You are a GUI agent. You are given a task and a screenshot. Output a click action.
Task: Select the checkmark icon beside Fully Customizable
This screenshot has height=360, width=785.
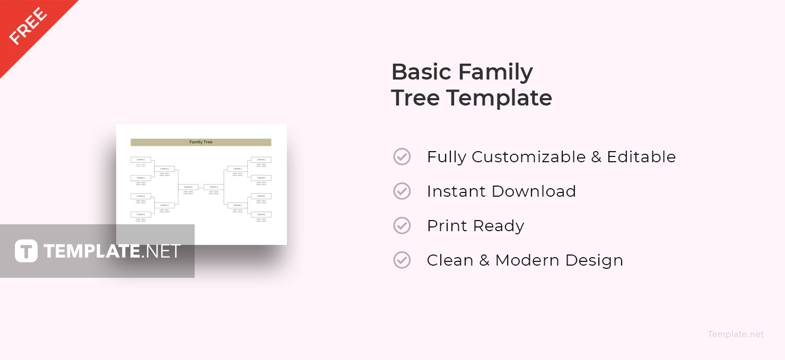pos(402,157)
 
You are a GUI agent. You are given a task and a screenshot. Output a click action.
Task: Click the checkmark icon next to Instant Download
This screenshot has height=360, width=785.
pos(402,191)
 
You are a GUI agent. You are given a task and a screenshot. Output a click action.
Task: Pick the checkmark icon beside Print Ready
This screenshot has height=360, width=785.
pos(402,226)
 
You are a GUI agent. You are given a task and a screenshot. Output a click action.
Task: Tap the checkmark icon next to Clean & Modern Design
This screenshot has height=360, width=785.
pos(402,260)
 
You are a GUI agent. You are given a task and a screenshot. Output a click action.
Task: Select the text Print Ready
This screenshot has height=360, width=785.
pos(475,226)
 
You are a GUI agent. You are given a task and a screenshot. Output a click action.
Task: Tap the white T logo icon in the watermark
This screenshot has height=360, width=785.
pos(26,251)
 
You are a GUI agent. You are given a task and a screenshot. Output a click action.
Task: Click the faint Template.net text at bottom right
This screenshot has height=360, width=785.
pos(735,334)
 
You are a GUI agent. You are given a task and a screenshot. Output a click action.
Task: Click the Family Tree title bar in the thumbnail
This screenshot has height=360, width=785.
pos(200,142)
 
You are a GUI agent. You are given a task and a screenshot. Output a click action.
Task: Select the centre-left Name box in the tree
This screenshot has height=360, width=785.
pos(188,187)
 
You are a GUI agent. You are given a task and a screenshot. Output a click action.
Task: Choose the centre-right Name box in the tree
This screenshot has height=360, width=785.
pos(214,187)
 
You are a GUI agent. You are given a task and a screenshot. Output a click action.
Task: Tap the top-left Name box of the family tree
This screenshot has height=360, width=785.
pos(141,160)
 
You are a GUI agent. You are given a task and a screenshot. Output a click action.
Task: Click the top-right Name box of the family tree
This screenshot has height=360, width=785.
pos(261,160)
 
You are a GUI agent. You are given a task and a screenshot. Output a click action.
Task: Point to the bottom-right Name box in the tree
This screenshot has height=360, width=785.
pos(261,215)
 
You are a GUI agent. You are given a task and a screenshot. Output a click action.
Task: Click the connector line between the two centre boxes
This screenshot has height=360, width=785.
pos(201,187)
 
